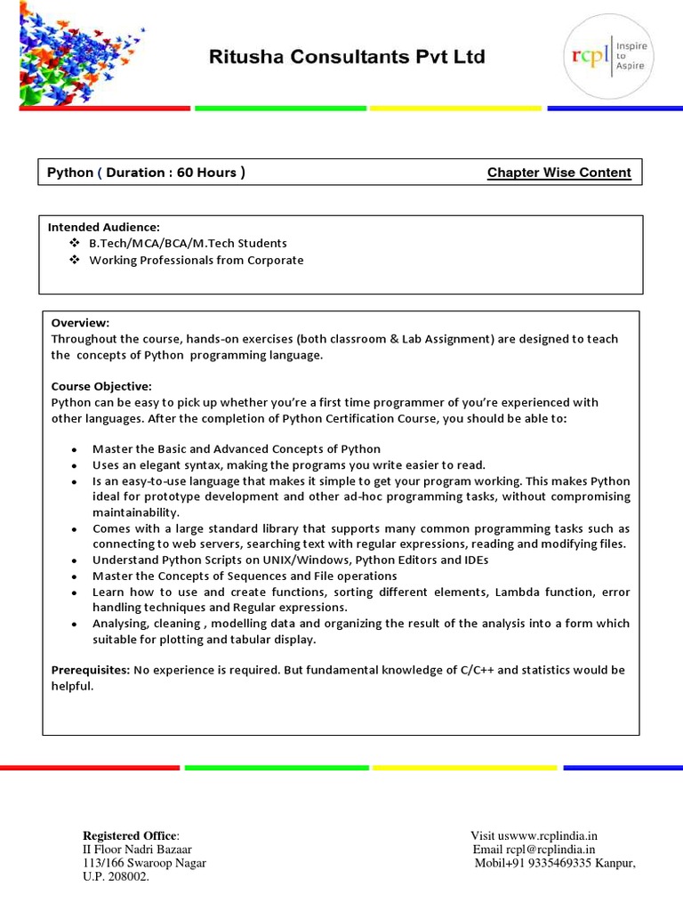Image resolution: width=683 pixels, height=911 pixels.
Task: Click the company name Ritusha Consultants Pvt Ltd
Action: point(347,57)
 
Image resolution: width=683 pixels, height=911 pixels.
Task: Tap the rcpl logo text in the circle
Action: point(589,56)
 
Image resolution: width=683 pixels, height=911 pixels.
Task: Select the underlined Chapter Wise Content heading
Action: point(558,173)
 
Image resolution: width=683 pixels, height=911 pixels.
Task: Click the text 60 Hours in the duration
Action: point(206,173)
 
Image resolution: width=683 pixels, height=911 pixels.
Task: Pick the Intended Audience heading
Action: point(103,227)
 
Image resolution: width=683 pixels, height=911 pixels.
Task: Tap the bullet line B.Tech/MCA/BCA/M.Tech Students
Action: point(188,243)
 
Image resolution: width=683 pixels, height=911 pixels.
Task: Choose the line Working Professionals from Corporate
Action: point(196,261)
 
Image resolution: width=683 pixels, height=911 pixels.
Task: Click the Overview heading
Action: point(80,322)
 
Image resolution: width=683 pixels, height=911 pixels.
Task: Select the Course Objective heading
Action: point(101,386)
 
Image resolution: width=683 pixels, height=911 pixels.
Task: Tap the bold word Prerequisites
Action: point(90,669)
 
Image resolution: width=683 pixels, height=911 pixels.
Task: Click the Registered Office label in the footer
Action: point(130,835)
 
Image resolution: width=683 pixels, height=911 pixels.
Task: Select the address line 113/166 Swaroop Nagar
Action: point(144,863)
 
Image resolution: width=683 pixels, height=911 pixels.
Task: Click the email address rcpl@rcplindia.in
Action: point(550,850)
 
